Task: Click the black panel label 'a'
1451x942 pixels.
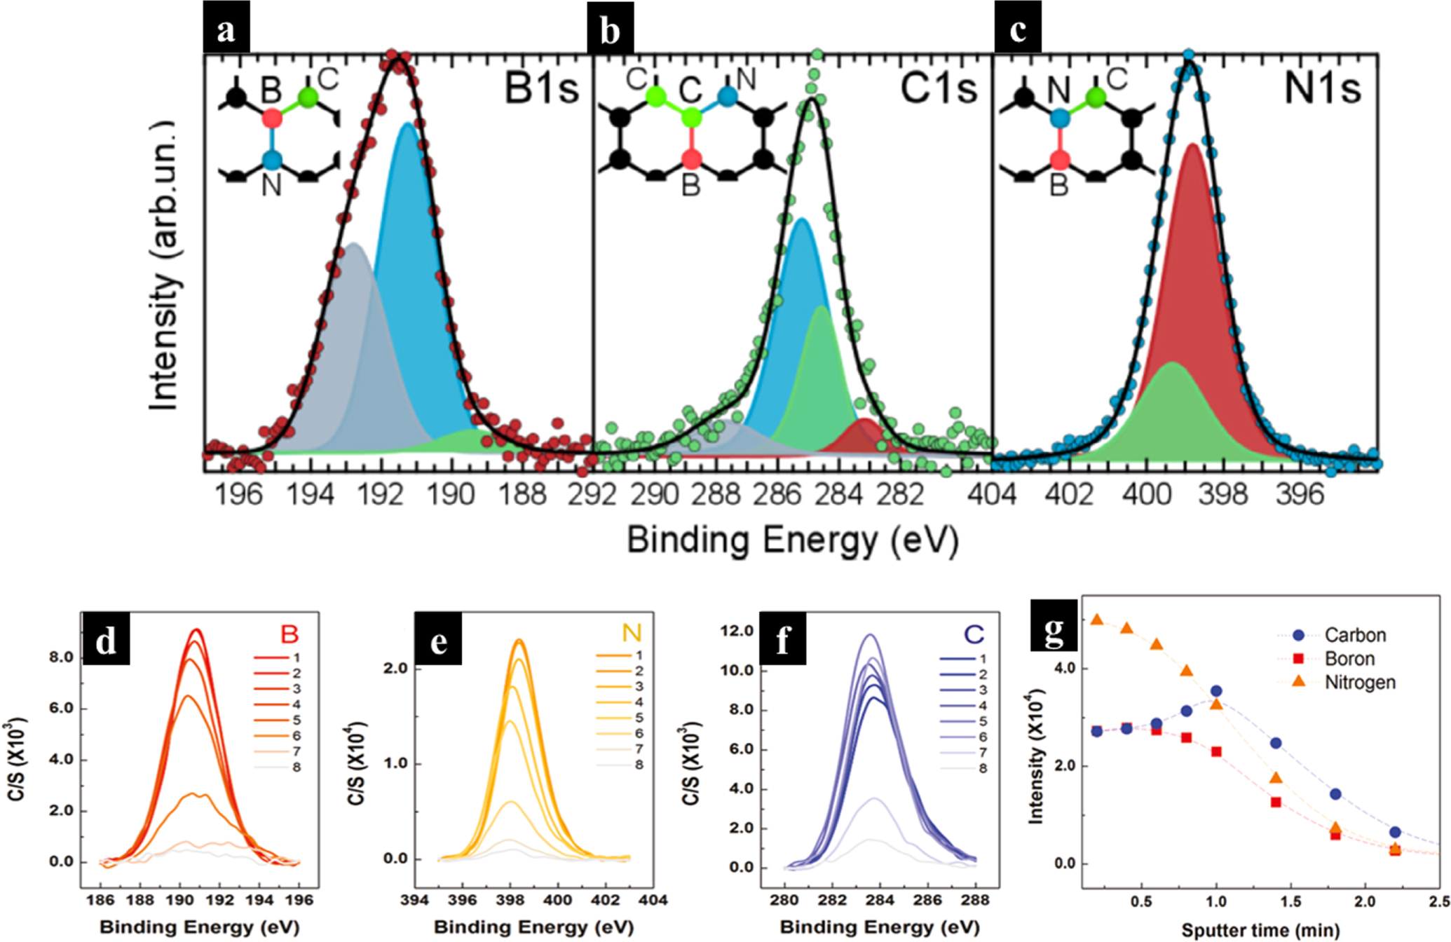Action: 226,30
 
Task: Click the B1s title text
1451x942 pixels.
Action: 542,88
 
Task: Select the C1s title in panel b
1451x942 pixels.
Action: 938,88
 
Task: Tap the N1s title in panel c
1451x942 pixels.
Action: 1322,88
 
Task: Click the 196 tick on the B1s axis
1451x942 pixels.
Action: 239,495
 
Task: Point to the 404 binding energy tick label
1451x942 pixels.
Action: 991,495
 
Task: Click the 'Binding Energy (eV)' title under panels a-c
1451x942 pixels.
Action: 792,540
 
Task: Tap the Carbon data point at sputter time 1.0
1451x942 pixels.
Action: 1216,691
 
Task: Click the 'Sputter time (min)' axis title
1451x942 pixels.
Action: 1260,930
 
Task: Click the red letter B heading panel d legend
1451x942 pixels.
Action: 289,634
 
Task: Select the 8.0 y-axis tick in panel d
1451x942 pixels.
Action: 62,657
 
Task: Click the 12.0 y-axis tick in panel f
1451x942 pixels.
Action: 737,631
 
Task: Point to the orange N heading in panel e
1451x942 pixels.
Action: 631,634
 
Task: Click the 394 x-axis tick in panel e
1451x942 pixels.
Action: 414,900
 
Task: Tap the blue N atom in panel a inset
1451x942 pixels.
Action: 272,161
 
